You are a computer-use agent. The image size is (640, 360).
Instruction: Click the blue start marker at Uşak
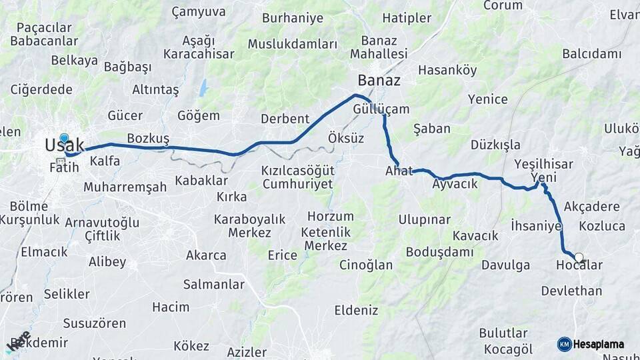pos(64,139)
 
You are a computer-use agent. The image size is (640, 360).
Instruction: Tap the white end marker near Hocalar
pos(579,257)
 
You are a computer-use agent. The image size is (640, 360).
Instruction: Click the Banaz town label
pos(379,81)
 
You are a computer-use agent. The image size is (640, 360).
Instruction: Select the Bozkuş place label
pos(148,137)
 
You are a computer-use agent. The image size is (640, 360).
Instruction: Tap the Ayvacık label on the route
pos(455,184)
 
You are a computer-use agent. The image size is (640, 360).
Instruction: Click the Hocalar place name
pos(579,265)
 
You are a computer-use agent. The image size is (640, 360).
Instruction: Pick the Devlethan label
pos(571,291)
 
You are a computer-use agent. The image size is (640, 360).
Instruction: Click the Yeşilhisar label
pos(545,164)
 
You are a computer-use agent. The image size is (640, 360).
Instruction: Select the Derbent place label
pos(285,119)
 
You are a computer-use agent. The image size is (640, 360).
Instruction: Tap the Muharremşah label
pos(125,187)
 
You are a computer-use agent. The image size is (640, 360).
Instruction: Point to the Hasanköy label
pos(447,70)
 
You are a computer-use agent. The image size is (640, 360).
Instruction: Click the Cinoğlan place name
pos(366,265)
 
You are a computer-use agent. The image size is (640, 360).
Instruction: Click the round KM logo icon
pos(565,344)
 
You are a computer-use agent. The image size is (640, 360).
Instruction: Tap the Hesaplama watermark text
pos(599,344)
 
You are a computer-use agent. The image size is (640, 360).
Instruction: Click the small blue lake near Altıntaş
pos(203,87)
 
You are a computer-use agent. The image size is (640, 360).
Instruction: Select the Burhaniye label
pos(293,18)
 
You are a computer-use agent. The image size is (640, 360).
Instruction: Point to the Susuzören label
pos(94,323)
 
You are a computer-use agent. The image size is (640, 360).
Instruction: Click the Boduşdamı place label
pos(439,252)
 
